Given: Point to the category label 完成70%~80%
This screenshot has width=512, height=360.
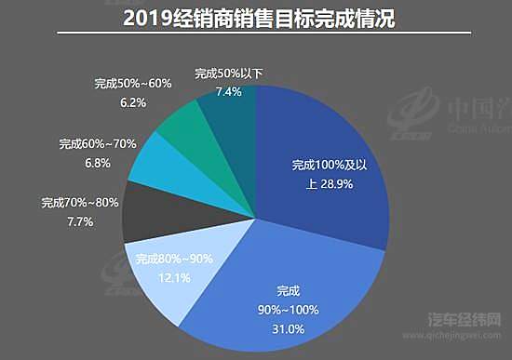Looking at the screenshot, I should [x=80, y=202].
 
